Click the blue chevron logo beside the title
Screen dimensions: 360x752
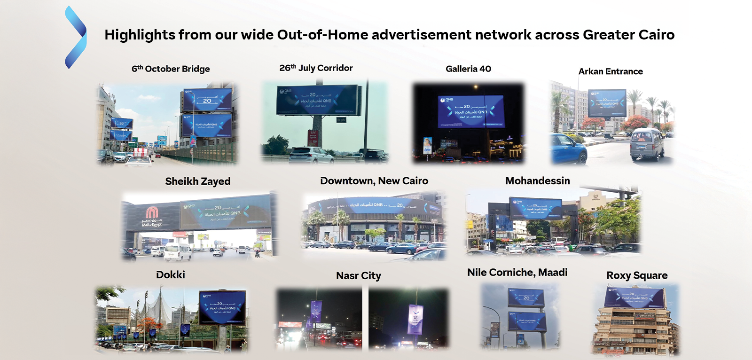click(x=76, y=38)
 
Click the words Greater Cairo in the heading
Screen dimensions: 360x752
click(x=628, y=35)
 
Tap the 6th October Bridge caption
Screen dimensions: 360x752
click(x=171, y=69)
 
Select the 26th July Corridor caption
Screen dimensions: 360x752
click(x=316, y=68)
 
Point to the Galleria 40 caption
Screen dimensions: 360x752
click(x=468, y=69)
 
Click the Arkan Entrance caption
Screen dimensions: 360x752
click(x=611, y=71)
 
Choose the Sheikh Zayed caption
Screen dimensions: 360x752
click(x=198, y=181)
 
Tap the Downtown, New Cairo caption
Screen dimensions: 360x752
click(x=374, y=181)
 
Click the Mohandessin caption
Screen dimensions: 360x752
click(x=537, y=181)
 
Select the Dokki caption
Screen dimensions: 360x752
click(x=170, y=275)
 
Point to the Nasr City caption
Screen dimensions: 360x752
click(x=358, y=276)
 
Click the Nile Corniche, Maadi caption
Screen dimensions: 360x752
click(x=517, y=273)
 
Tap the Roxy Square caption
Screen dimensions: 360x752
click(x=637, y=275)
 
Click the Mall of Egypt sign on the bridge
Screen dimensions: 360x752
click(x=152, y=217)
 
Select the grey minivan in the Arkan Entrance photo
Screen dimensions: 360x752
click(x=647, y=144)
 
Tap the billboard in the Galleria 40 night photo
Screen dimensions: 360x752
click(x=471, y=111)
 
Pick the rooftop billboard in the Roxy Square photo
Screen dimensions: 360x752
click(x=635, y=297)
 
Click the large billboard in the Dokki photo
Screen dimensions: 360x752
click(x=222, y=307)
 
